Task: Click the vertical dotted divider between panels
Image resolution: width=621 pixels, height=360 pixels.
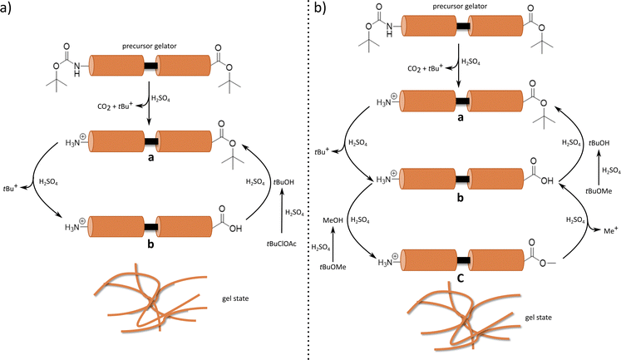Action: point(309,180)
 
